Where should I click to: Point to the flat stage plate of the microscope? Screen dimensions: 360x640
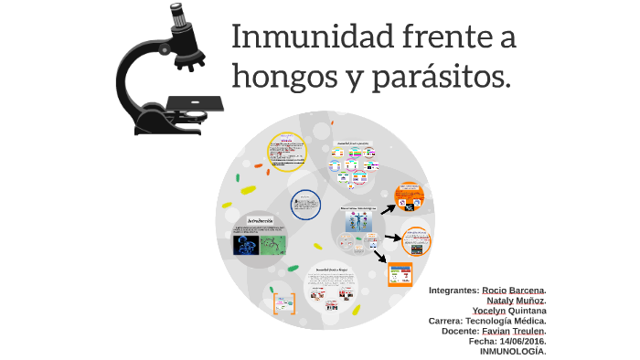[194, 103]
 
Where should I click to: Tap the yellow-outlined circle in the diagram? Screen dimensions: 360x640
[286, 152]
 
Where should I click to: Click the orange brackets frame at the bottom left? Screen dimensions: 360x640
[285, 303]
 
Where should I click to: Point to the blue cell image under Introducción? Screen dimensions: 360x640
[246, 244]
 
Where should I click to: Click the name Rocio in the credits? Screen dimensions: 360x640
[495, 291]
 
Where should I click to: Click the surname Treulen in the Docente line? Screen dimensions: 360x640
[525, 331]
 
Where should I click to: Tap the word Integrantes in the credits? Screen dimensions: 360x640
[452, 291]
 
